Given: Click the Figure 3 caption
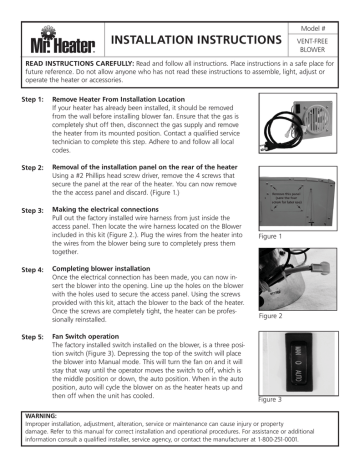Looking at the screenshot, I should point(275,424).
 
